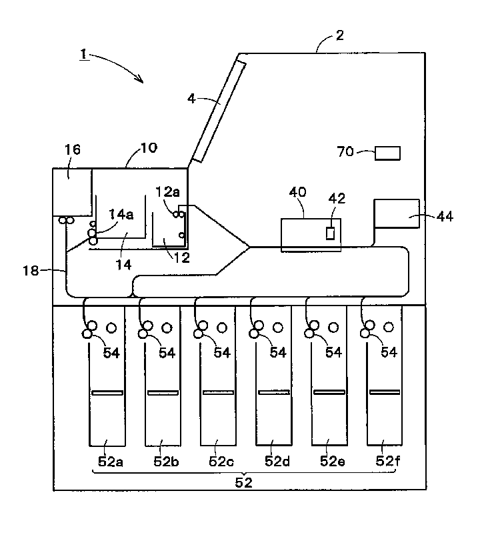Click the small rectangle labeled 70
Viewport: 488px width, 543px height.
pos(387,153)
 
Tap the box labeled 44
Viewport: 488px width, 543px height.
pos(397,213)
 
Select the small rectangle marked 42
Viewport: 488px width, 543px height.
pos(330,233)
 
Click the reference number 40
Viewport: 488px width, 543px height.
pos(297,192)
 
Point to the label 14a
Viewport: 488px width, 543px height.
pos(121,214)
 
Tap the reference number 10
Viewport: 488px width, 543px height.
pos(149,147)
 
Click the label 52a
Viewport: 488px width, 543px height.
pos(107,462)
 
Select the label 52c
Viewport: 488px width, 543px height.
pos(217,462)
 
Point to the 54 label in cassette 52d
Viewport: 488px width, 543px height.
pos(278,352)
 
